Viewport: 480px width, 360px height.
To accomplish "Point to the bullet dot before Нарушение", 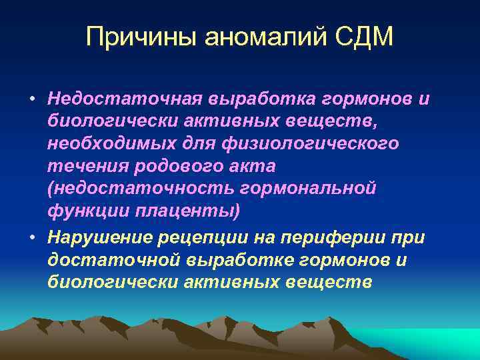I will tap(32, 238).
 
